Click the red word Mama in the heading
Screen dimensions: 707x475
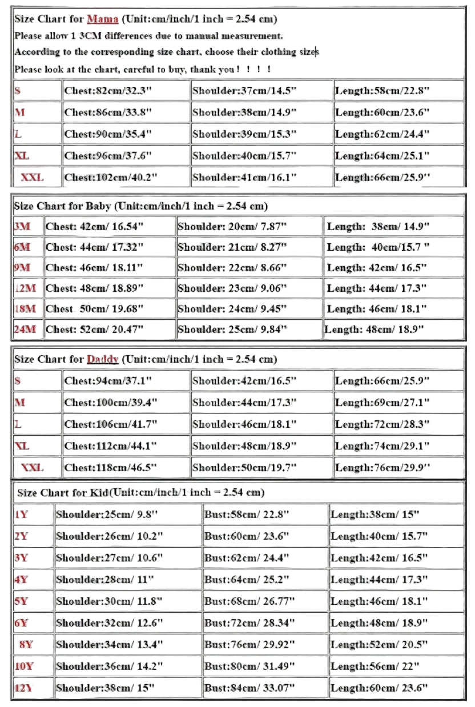pos(102,19)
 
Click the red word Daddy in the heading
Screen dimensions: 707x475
pos(103,359)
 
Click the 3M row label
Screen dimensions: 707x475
pos(22,227)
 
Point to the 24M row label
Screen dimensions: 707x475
pos(25,329)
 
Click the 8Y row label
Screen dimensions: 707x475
pos(26,644)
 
